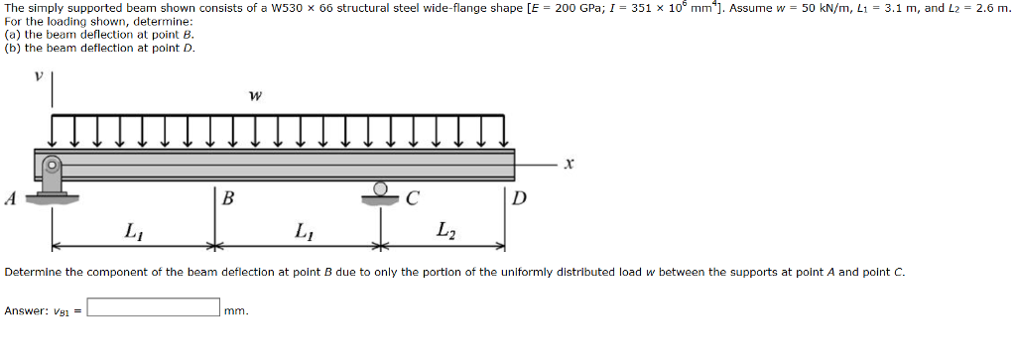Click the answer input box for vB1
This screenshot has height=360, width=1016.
(x=154, y=308)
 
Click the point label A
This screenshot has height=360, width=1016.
(x=11, y=197)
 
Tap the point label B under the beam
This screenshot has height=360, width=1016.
(x=228, y=198)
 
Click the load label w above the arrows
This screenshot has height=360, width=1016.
(x=256, y=97)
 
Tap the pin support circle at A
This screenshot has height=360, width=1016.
(x=53, y=165)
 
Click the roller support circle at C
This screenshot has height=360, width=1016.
(x=381, y=188)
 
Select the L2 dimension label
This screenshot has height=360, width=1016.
(x=444, y=231)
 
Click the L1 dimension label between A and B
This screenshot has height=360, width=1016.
(x=132, y=231)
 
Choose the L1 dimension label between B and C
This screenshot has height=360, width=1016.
(x=302, y=231)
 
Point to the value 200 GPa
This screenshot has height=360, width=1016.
(x=576, y=8)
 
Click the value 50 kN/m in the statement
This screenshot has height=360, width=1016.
(x=814, y=8)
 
